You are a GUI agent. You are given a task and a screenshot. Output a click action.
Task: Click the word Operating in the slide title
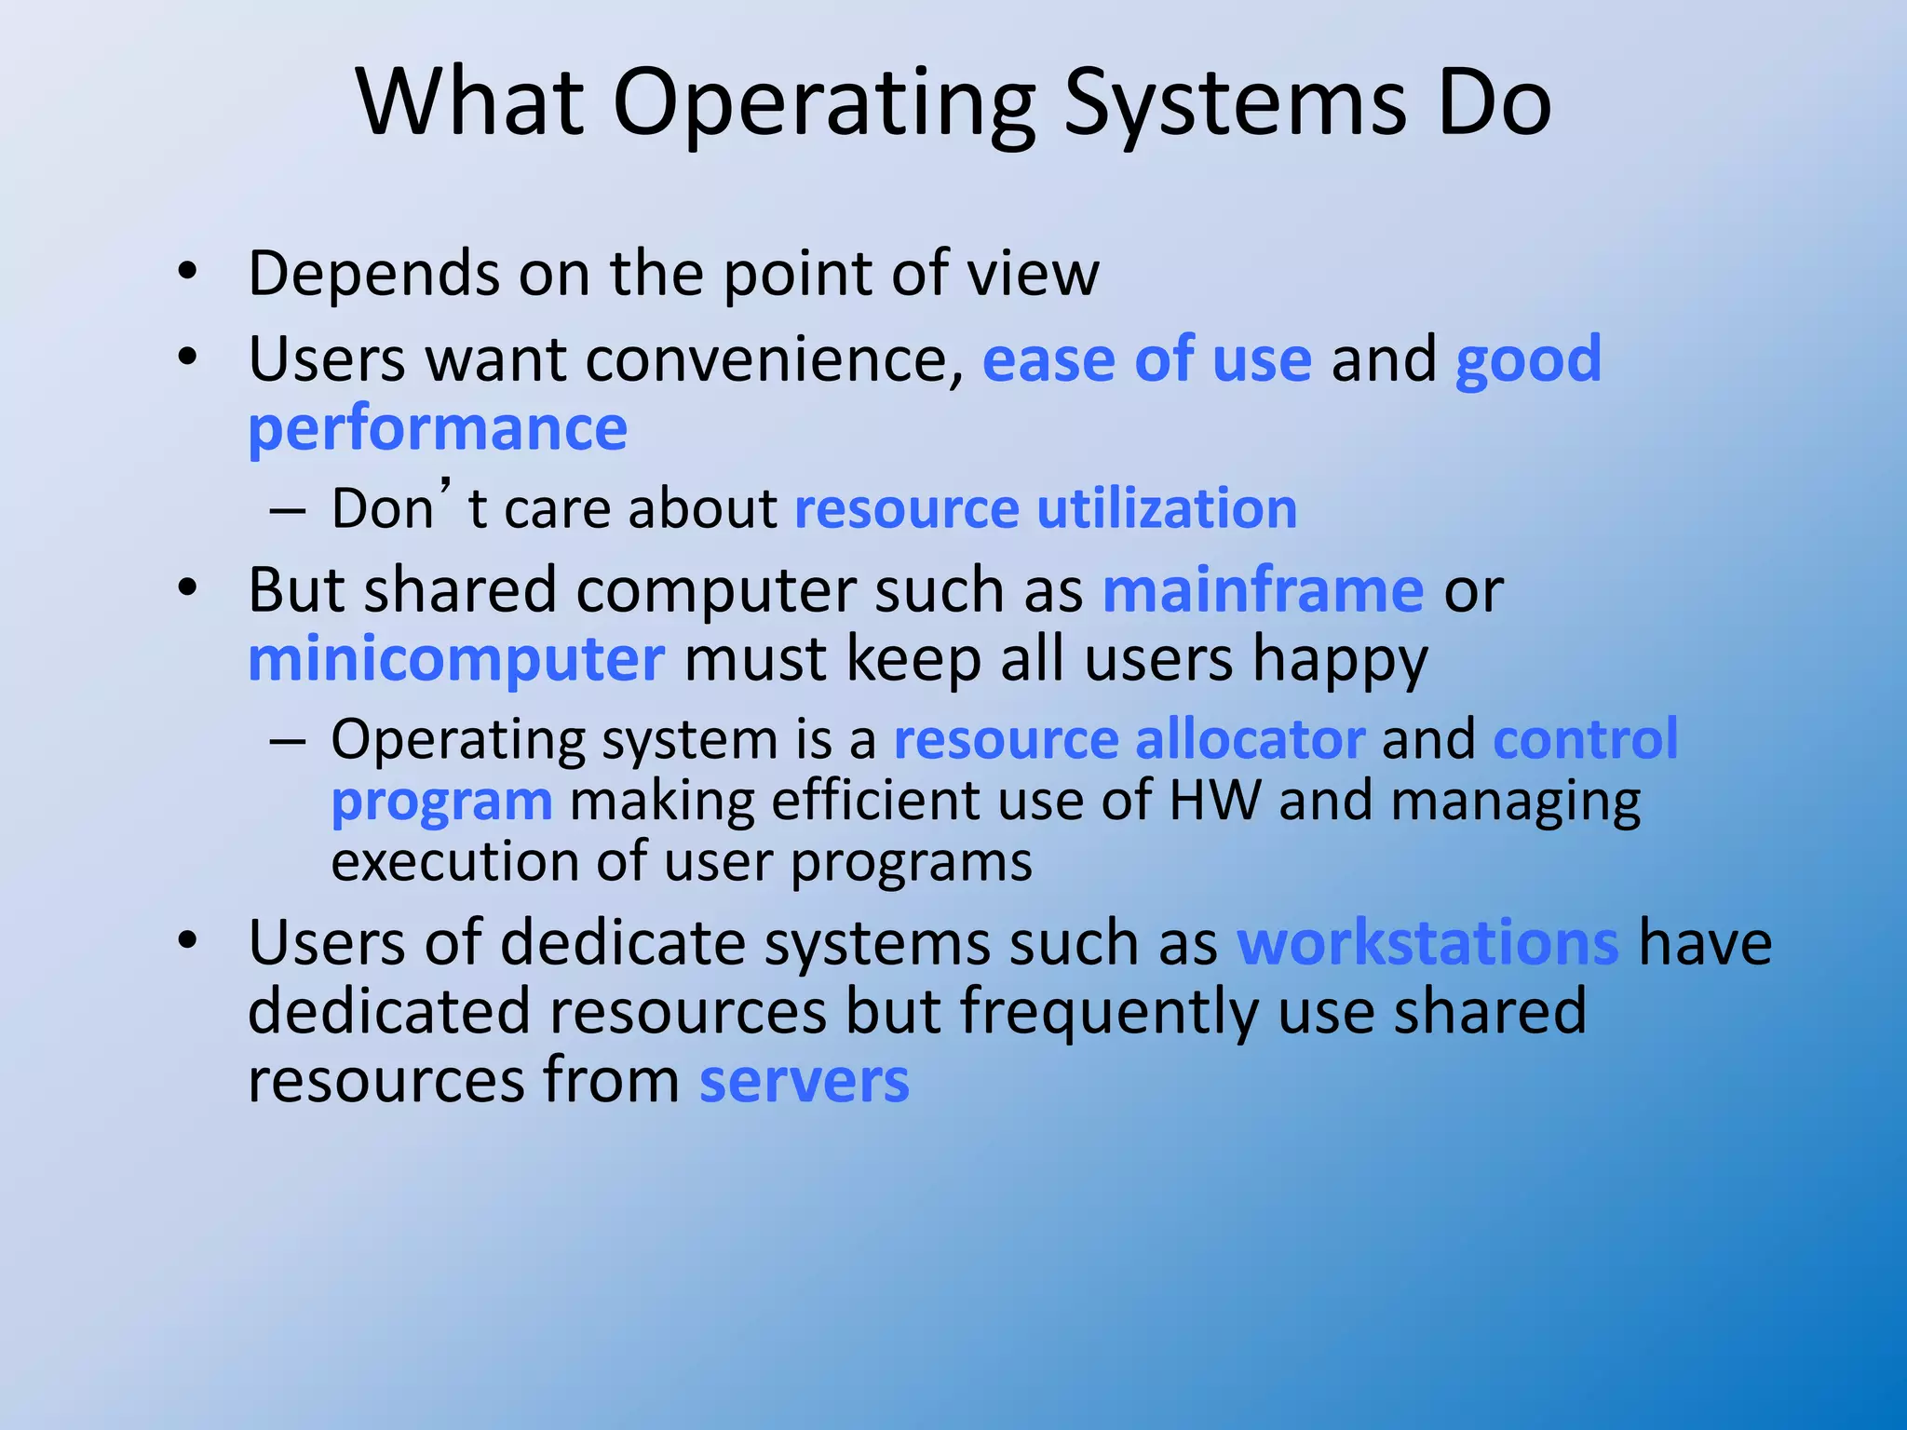point(823,104)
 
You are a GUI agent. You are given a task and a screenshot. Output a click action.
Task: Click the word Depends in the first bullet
point(373,274)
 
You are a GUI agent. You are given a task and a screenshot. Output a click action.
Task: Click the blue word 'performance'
point(438,430)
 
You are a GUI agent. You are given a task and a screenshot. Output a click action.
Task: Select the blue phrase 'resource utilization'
point(1046,509)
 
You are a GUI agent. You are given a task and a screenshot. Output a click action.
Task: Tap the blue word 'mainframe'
point(1263,590)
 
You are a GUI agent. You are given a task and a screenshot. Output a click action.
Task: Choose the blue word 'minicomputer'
point(456,660)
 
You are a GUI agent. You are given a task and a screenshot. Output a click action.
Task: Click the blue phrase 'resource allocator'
point(1129,740)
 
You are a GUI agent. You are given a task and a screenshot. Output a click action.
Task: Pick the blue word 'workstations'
point(1427,943)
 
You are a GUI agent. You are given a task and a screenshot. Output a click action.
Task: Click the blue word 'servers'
point(805,1082)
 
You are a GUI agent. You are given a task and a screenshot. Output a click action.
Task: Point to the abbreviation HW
point(1215,801)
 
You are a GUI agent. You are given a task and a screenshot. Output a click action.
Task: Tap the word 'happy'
point(1340,662)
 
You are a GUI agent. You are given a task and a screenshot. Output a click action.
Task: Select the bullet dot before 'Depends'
point(188,272)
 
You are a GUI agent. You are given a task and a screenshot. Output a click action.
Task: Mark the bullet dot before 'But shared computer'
point(188,588)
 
